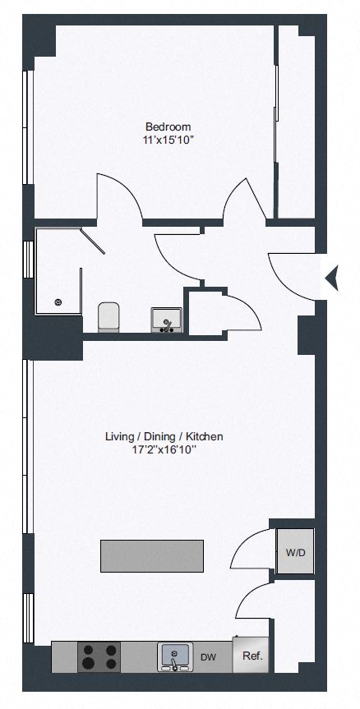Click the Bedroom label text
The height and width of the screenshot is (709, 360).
coord(168,127)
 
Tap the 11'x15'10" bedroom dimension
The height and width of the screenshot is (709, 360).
coord(168,140)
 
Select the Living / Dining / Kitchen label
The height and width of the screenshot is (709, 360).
coord(164,437)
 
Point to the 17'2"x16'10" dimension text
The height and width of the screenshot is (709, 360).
coord(164,449)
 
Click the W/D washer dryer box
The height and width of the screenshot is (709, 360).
coord(295,551)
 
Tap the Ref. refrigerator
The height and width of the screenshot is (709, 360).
coord(252,656)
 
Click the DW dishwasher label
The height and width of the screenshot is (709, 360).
coord(209,657)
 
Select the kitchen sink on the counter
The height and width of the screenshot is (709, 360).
coord(175,656)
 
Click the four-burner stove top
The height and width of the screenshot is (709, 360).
coord(99,656)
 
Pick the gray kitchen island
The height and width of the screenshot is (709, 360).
coord(151,555)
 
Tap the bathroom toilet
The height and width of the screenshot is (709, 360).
coord(108,317)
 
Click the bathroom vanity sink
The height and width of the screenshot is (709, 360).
coord(167,320)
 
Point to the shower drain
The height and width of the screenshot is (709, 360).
coord(58,302)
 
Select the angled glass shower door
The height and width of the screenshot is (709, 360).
coord(93,242)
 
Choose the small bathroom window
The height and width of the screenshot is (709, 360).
coord(28,260)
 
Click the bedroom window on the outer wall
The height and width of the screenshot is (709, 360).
coord(28,127)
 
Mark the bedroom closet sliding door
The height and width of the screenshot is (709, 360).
coord(275,113)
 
